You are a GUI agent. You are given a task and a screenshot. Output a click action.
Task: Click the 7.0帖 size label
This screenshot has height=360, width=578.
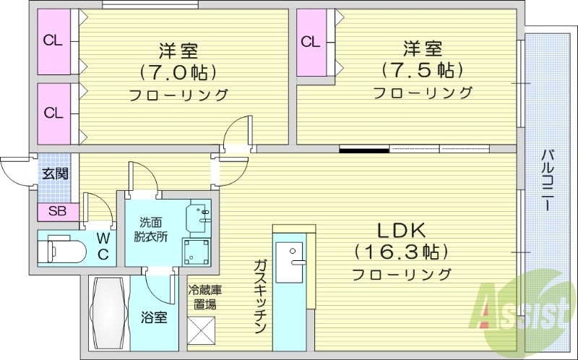point(178,72)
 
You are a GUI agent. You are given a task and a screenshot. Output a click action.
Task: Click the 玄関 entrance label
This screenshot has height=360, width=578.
point(54,173)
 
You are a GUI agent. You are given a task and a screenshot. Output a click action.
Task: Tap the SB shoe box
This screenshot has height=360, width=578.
point(56,212)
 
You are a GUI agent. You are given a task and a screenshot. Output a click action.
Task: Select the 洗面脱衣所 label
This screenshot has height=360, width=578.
point(151,230)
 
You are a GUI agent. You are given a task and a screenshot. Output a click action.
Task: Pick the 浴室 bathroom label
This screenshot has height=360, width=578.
point(154,317)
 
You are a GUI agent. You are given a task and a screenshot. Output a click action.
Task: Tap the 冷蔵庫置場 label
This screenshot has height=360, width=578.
point(204,297)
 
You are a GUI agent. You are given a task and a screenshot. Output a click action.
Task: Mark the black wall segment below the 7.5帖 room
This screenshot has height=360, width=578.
point(364,150)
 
